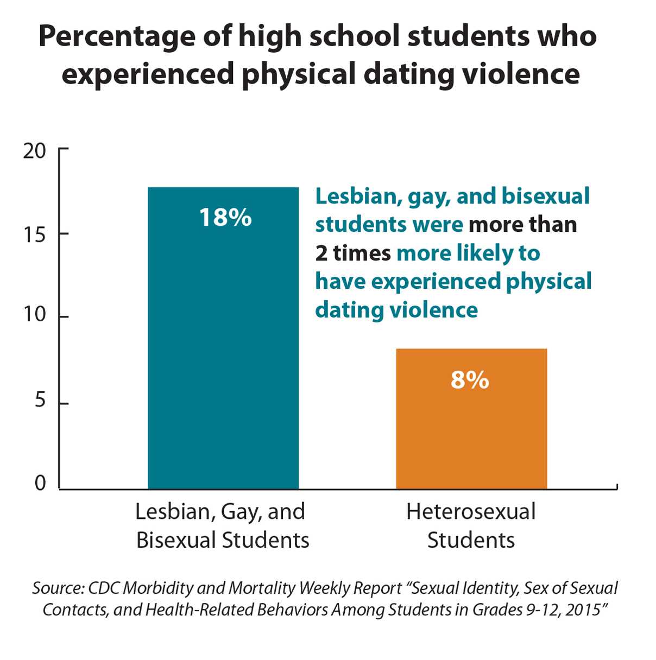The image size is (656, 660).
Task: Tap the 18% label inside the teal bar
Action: coord(225,218)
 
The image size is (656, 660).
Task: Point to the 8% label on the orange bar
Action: coord(470,380)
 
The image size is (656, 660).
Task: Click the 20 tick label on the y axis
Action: coord(35,151)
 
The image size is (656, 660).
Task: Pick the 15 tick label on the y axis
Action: coord(35,234)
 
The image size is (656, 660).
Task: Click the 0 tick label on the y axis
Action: coord(40,483)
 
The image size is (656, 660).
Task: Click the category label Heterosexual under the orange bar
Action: coord(471,512)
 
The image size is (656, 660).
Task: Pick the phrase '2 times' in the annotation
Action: coord(353,253)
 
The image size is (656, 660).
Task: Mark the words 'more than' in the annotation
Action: coord(522,225)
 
